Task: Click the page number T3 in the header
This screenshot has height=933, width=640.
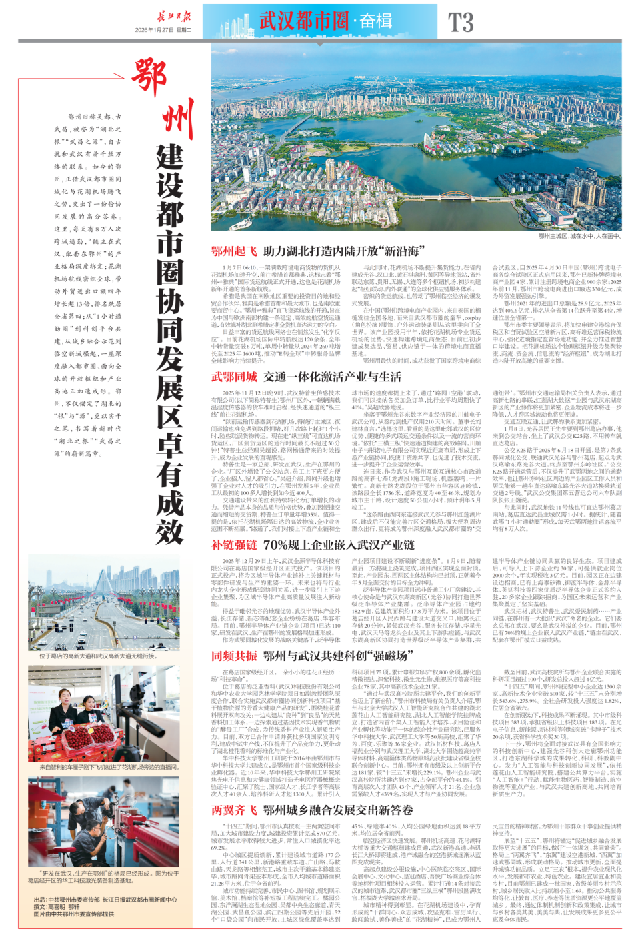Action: click(461, 22)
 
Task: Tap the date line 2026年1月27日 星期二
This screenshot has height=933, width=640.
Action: click(163, 30)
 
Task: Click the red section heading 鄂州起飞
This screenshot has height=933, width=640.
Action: click(234, 251)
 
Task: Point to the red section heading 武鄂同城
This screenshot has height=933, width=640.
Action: click(234, 377)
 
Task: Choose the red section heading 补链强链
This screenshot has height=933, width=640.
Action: click(234, 545)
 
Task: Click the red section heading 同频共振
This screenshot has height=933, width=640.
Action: click(234, 656)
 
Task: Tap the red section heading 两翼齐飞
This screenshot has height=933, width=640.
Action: click(234, 810)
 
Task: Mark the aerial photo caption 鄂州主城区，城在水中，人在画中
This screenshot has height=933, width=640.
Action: click(579, 236)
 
